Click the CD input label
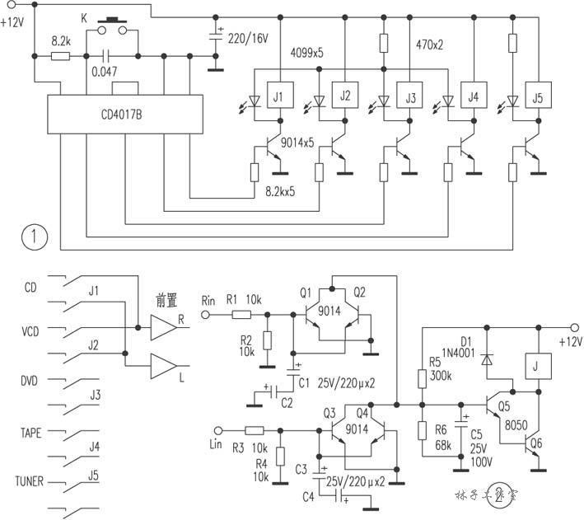pyautogui.click(x=32, y=288)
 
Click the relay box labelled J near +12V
pyautogui.click(x=538, y=365)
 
